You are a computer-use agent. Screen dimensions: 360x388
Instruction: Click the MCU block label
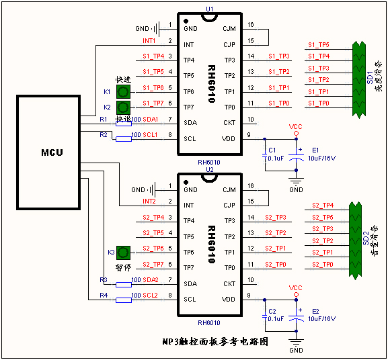coord(51,152)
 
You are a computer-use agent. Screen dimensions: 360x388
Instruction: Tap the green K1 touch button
coord(123,91)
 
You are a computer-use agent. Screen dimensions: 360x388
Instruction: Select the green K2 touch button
coord(123,107)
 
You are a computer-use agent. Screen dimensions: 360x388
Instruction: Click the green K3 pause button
coord(123,253)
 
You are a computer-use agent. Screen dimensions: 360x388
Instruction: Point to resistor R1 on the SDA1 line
coord(123,124)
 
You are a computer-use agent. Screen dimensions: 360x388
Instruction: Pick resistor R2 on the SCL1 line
coord(123,139)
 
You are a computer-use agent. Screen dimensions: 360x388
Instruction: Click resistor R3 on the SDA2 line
coord(123,284)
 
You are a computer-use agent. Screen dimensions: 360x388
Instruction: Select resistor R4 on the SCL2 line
coord(123,300)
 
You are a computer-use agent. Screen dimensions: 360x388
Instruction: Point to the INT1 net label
coord(149,41)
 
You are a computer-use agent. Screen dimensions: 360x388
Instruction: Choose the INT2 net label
coord(149,201)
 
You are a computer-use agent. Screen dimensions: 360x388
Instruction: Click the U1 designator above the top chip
coord(210,9)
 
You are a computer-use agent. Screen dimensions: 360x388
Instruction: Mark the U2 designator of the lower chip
coord(209,169)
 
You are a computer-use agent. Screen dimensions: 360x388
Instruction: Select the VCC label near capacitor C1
coord(296,126)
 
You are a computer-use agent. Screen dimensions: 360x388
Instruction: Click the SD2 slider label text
coord(366,240)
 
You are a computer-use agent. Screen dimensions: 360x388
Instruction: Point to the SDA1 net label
coord(150,120)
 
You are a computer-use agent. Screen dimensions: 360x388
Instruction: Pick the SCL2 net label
coord(150,296)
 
